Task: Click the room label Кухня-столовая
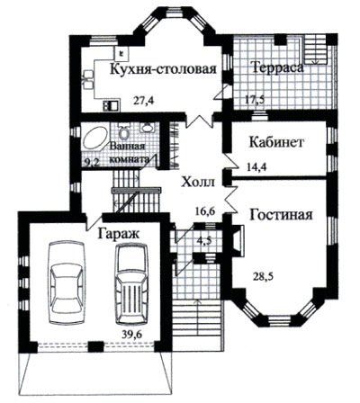[x=164, y=69]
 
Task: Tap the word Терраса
[x=278, y=67]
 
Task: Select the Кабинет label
[x=277, y=142]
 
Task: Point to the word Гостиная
[x=281, y=215]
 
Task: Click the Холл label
[x=198, y=182]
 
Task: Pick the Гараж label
[x=119, y=234]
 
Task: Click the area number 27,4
[x=143, y=101]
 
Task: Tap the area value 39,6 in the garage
[x=131, y=334]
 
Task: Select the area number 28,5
[x=263, y=276]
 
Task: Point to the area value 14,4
[x=256, y=166]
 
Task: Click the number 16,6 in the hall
[x=204, y=211]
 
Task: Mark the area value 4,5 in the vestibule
[x=205, y=241]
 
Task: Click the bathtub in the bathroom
[x=94, y=139]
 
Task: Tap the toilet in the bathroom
[x=123, y=131]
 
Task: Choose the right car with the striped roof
[x=131, y=284]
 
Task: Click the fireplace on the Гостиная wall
[x=238, y=240]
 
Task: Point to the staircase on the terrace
[x=314, y=49]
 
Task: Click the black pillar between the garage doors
[x=96, y=347]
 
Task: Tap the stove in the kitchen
[x=112, y=105]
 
